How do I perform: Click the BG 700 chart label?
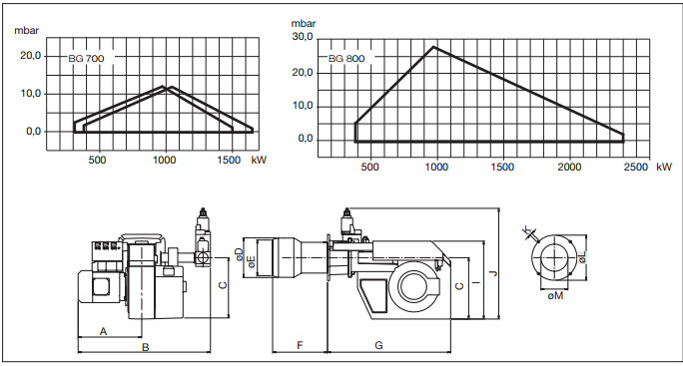86,58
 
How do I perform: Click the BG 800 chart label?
346,58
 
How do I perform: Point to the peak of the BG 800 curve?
433,47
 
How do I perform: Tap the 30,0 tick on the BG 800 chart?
303,38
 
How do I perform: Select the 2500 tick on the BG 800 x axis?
636,167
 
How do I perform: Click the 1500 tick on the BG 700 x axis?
229,160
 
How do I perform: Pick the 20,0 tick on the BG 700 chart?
31,56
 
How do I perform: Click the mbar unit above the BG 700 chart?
27,31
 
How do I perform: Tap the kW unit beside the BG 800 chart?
664,167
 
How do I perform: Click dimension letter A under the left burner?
103,332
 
